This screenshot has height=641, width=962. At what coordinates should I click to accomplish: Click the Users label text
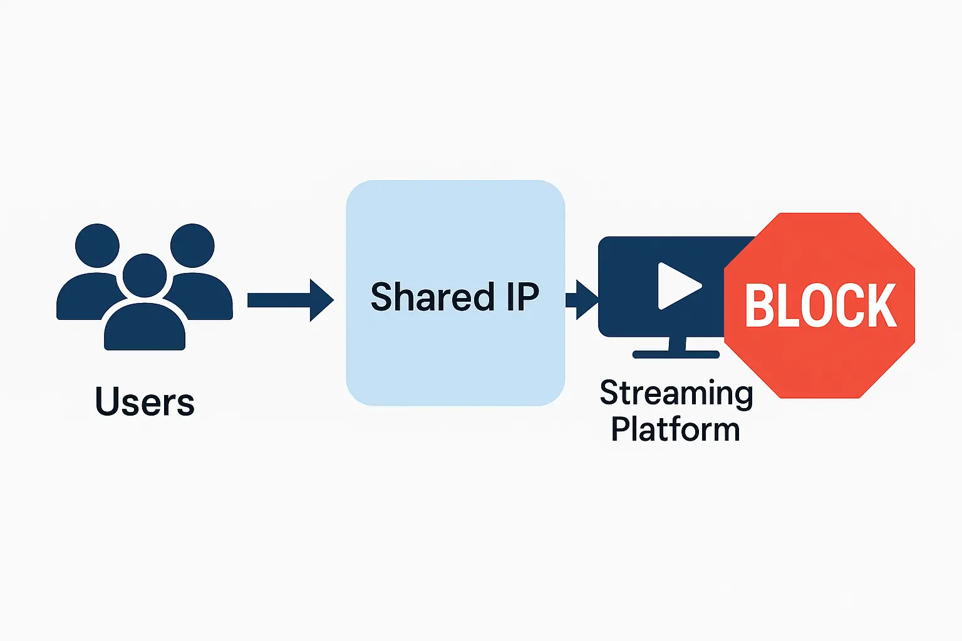145,402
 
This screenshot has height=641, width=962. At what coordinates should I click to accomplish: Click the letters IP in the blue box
522,297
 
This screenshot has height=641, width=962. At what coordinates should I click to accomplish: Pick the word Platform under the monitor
675,429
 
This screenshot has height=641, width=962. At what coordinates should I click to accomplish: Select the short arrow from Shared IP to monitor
582,300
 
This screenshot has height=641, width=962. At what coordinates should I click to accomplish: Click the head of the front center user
145,275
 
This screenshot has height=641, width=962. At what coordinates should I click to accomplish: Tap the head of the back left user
97,245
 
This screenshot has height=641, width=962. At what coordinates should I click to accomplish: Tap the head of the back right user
192,245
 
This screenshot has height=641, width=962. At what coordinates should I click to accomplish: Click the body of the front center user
145,329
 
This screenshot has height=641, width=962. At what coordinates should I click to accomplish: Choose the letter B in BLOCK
758,305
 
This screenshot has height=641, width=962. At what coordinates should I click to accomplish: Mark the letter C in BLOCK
849,305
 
